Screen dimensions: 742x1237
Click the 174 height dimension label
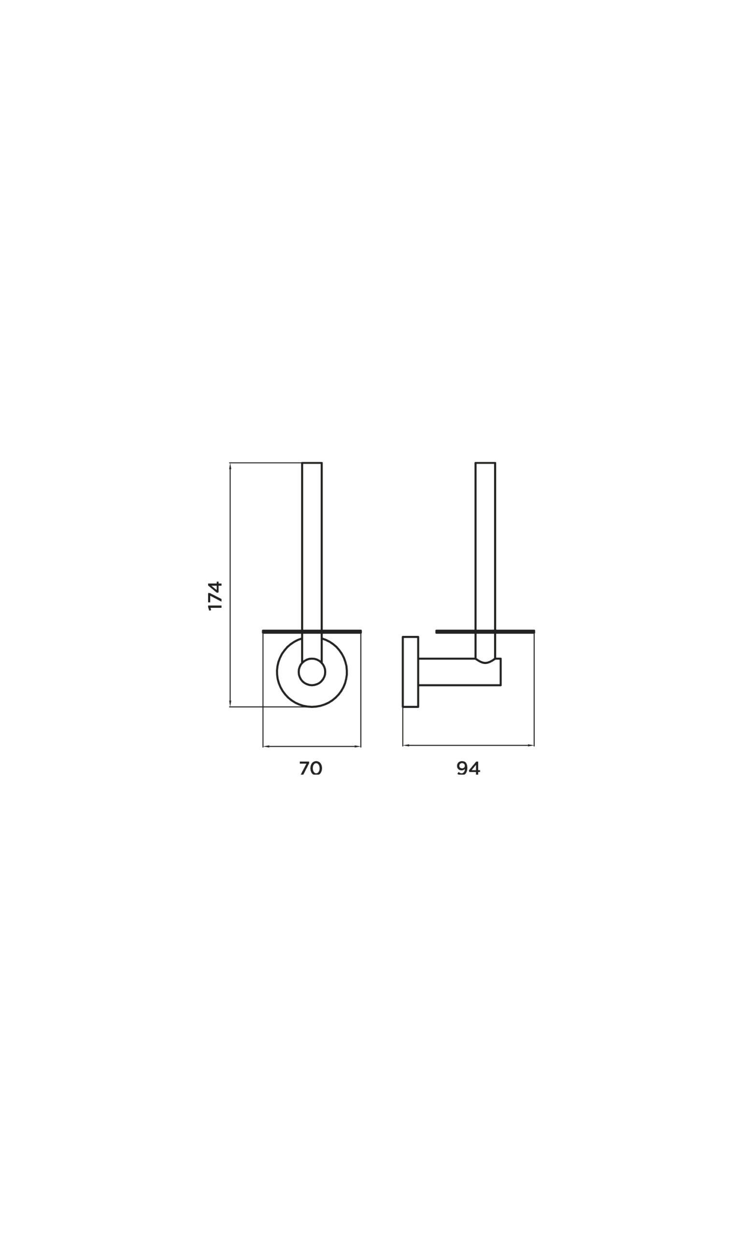[x=215, y=595]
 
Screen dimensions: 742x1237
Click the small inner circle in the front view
[x=312, y=672]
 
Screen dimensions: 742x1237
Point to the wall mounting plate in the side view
[x=411, y=672]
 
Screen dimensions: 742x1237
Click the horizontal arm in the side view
[x=459, y=672]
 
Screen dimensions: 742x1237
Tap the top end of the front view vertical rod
[x=312, y=463]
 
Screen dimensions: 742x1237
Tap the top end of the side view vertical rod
[x=485, y=463]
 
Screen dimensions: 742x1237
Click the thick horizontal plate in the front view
[x=312, y=632]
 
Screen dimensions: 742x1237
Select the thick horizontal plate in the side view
[x=485, y=632]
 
